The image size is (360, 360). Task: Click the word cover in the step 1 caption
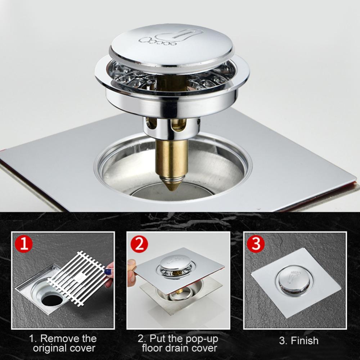tap(83, 348)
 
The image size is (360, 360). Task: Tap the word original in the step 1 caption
tap(50, 348)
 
